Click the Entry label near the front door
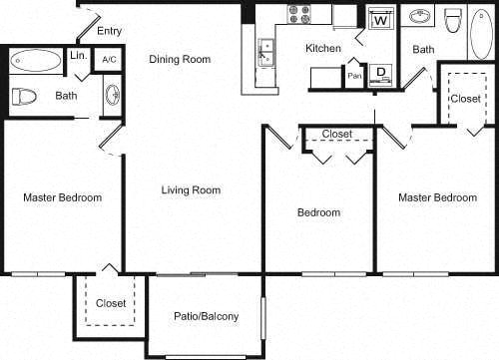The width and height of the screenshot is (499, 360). click(x=110, y=32)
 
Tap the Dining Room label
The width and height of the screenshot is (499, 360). click(x=180, y=59)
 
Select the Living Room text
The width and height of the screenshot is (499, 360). click(x=191, y=189)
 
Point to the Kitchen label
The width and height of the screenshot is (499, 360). click(x=323, y=48)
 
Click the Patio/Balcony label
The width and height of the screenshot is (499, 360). click(x=205, y=317)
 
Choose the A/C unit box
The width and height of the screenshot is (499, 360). click(x=109, y=60)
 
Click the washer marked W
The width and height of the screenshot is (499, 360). click(x=380, y=20)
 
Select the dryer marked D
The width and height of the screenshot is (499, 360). click(x=380, y=72)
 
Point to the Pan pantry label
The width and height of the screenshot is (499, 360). click(x=354, y=74)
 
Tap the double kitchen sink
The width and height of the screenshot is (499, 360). click(x=266, y=49)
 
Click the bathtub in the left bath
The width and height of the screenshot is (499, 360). click(x=36, y=60)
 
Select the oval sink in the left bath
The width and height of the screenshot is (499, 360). click(x=111, y=96)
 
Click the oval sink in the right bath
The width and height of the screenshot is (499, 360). click(x=420, y=17)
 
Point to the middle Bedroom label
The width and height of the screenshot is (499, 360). click(x=319, y=212)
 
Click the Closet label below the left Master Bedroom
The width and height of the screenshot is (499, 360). click(x=111, y=303)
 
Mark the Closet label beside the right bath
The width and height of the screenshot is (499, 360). click(x=465, y=99)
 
